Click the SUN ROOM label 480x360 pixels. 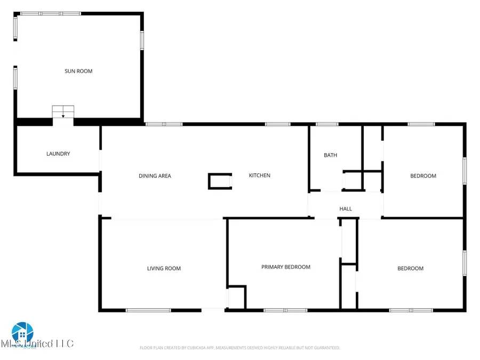[x=78, y=71]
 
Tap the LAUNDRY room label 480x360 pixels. [x=58, y=154]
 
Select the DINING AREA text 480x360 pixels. [x=155, y=176]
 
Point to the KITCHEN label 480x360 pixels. [x=260, y=175]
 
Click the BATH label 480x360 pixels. [x=331, y=155]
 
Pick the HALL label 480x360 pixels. [x=346, y=209]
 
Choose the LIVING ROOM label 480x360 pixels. [x=164, y=268]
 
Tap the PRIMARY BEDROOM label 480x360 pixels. [x=285, y=267]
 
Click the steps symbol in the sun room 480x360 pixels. [x=63, y=111]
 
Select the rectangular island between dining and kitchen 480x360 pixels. [x=220, y=181]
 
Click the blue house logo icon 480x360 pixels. [x=22, y=332]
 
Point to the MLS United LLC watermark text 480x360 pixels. [x=37, y=343]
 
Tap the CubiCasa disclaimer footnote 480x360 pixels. [x=239, y=348]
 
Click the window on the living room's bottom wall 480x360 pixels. [x=148, y=310]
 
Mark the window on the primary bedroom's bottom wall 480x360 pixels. [x=285, y=310]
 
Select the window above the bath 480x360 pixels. [x=326, y=124]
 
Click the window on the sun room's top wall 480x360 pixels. [x=43, y=13]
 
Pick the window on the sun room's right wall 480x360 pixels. [x=142, y=41]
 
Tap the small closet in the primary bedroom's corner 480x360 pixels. [x=236, y=297]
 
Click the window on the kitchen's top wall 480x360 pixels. [x=277, y=124]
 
